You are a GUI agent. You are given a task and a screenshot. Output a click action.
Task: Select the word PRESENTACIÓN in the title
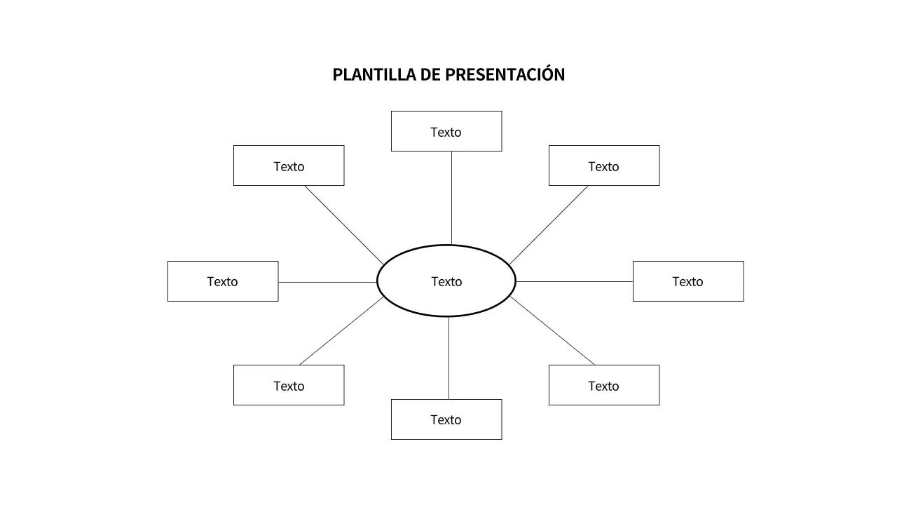pos(505,74)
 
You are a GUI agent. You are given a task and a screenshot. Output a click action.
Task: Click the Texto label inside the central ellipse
pos(446,281)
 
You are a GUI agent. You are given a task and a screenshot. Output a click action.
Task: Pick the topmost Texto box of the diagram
pos(446,131)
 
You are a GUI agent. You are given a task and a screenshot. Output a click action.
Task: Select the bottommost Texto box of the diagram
pos(446,419)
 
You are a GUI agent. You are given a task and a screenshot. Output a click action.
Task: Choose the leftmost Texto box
pos(223,281)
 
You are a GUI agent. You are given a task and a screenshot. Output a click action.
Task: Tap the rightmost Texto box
pos(688,281)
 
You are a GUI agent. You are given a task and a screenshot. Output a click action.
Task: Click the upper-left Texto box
pos(289,166)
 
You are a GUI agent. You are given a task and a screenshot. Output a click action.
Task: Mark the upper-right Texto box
pos(604,166)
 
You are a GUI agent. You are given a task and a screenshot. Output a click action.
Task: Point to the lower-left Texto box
pos(289,385)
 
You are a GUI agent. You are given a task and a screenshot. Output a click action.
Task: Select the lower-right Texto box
pos(604,385)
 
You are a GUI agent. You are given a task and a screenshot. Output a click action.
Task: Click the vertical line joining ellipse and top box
pos(451,198)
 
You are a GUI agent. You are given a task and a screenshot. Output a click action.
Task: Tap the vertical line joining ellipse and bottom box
pos(448,358)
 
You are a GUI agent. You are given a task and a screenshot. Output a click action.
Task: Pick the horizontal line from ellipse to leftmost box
pos(328,282)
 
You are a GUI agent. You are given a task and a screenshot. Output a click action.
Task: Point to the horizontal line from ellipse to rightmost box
pos(575,281)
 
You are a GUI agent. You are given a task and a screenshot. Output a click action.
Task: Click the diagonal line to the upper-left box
pos(344,224)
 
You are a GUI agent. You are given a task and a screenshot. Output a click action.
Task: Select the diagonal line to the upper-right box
pos(549,224)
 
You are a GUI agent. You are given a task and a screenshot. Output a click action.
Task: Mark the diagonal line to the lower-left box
pos(341,331)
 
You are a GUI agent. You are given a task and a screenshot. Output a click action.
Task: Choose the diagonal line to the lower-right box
pos(552,330)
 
